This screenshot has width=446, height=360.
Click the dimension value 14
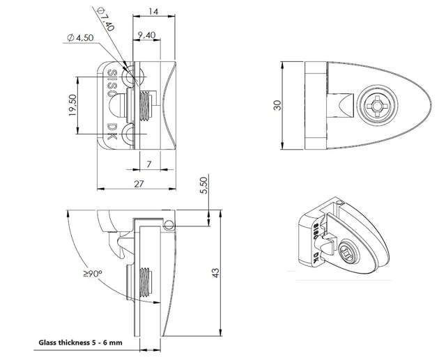pos(153,12)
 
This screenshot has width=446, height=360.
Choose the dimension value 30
pos(277,105)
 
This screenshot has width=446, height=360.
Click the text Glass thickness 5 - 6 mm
pos(79,343)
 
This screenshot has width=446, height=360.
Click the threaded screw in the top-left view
pos(146,105)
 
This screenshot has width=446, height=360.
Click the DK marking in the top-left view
pos(112,133)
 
